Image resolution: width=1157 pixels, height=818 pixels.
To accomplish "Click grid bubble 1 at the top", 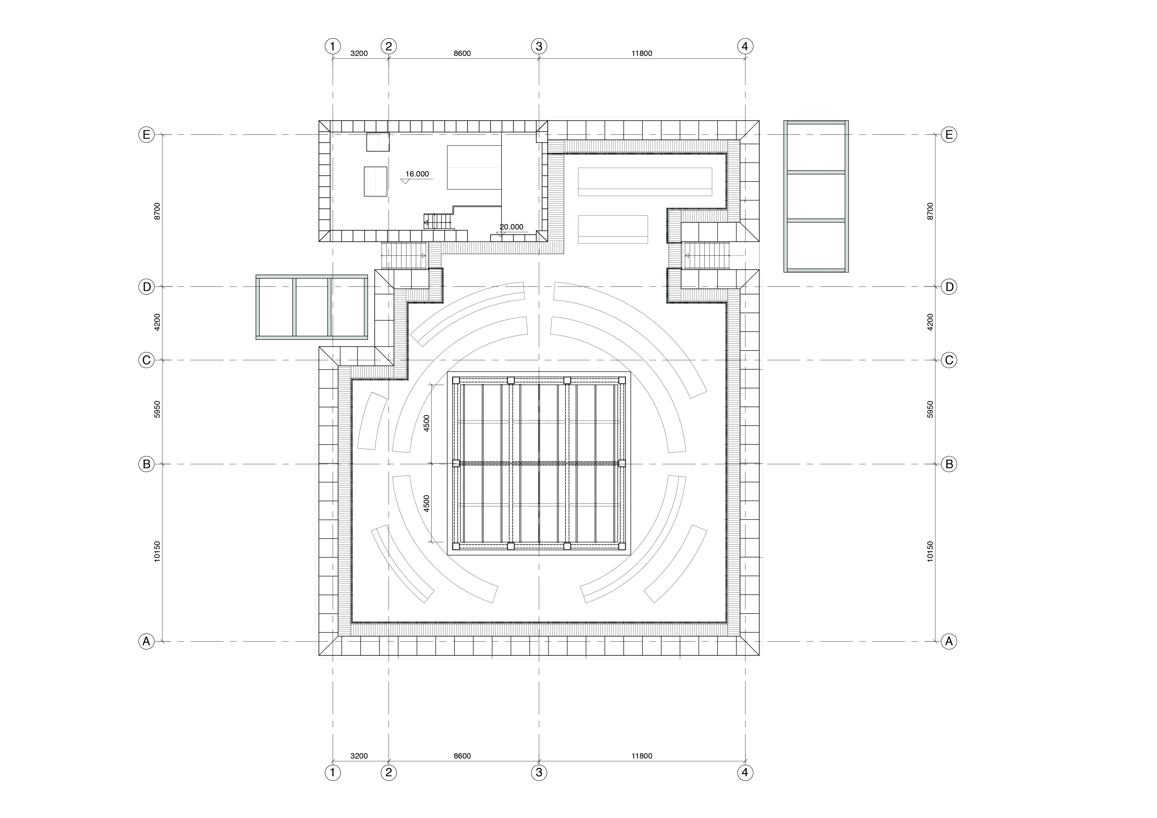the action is pos(333,46).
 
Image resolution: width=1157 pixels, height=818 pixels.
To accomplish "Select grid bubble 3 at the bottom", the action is pos(539,772).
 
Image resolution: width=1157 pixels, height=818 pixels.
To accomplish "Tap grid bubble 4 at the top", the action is pos(745,46).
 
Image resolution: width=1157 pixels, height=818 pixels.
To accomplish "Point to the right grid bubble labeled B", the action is pos(949,464).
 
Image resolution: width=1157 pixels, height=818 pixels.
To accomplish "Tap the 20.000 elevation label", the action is pos(511,227).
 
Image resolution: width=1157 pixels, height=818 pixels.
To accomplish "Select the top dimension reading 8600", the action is pos(462,53).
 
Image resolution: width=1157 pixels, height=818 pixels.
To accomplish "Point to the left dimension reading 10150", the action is pos(157,551).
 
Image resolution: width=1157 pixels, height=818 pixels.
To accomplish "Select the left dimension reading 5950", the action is pos(157,409).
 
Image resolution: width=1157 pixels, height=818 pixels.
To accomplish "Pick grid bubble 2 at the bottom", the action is pos(389,772).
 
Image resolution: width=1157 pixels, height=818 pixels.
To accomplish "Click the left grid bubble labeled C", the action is pos(146,360).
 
